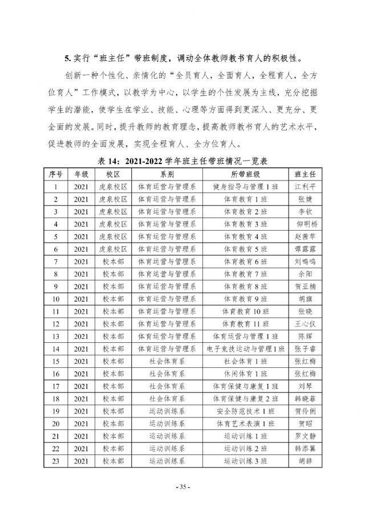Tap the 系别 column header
(167, 174)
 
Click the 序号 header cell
(56, 174)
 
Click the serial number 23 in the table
(56, 461)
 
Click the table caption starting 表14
(182, 162)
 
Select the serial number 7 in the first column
(56, 261)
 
